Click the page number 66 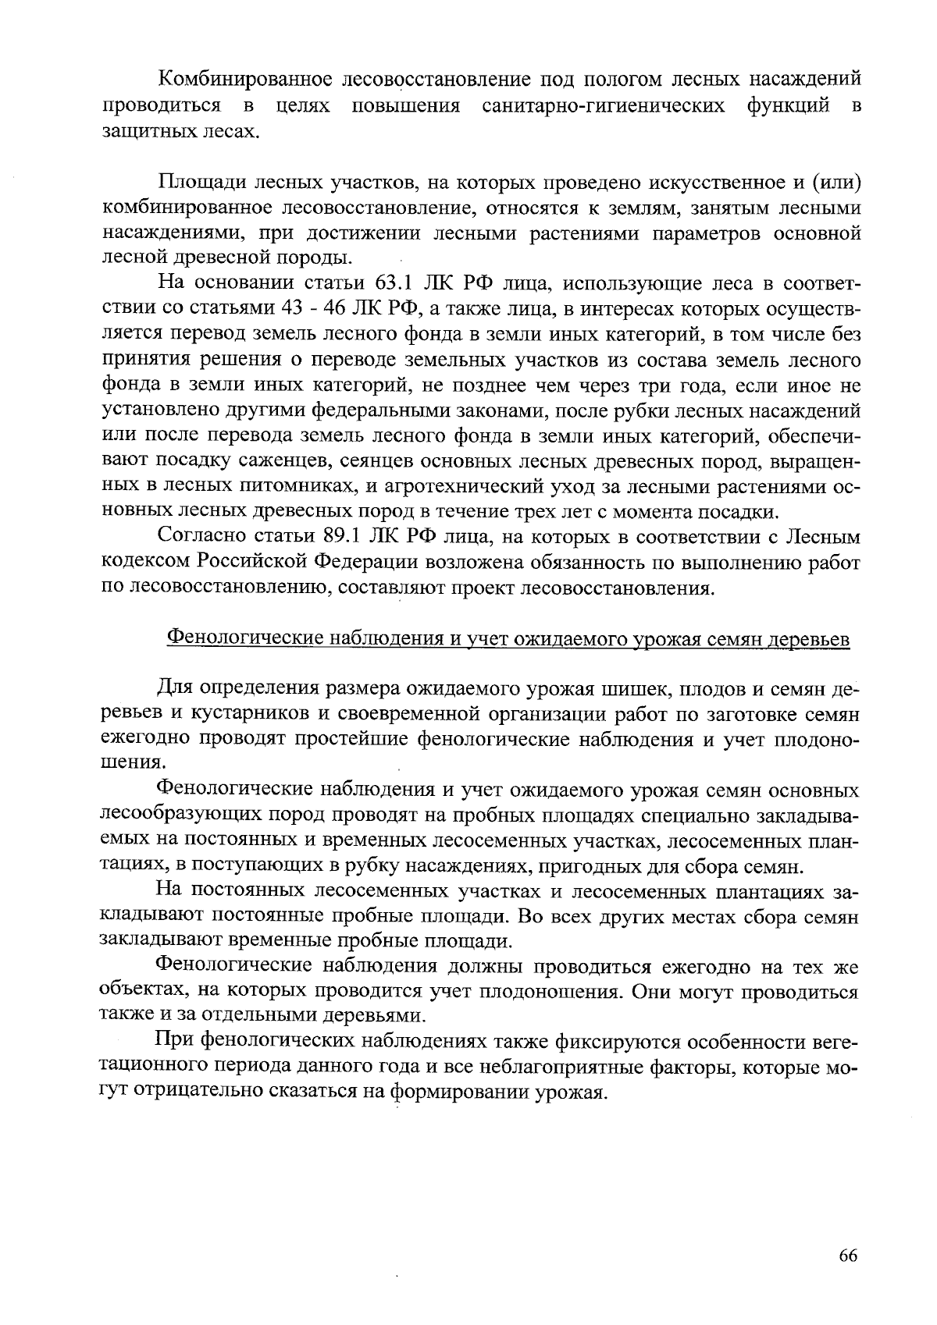pyautogui.click(x=848, y=1256)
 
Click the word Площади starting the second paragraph pyautogui.click(x=199, y=183)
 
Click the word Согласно pyautogui.click(x=202, y=538)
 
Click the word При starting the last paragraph pyautogui.click(x=176, y=1041)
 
